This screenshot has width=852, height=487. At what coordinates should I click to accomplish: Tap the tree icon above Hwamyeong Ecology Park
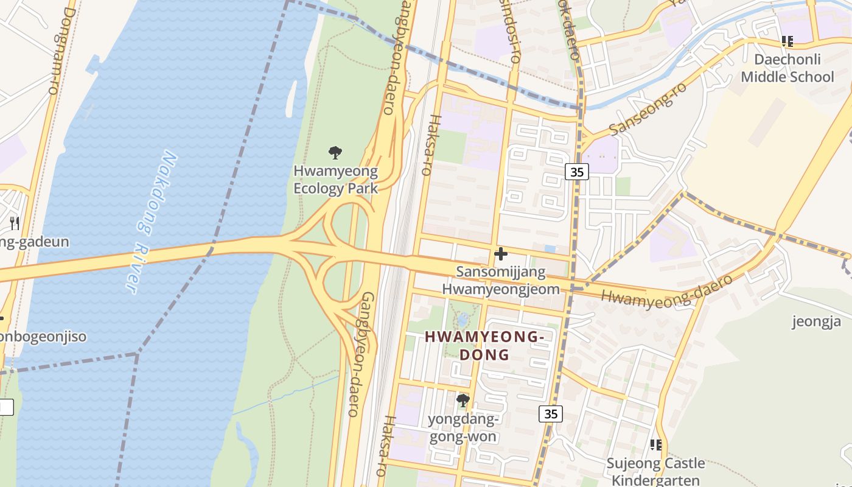pos(335,153)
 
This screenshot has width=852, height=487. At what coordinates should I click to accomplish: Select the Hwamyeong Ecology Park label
pos(335,180)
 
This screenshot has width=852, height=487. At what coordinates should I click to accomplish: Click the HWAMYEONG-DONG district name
pos(484,345)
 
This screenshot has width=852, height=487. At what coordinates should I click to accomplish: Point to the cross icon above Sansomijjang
pos(501,254)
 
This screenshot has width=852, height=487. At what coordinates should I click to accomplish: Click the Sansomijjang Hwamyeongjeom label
pos(501,280)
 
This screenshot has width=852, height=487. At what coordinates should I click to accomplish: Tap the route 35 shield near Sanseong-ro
pos(577,172)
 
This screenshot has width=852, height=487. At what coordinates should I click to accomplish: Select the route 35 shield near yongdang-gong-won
pos(551,414)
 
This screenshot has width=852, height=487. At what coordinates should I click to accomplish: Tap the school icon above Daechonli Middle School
pos(787,41)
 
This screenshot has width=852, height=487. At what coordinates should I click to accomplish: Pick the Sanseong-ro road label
pos(648,109)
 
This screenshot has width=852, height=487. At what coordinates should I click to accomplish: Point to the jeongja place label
pos(816,321)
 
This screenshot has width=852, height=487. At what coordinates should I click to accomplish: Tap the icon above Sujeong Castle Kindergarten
pos(656,445)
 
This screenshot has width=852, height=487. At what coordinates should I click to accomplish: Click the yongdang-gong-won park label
pos(464,428)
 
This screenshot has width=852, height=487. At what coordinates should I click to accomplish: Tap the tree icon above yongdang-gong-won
pos(463,401)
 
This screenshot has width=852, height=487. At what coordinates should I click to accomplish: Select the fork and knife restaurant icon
pos(15,223)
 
